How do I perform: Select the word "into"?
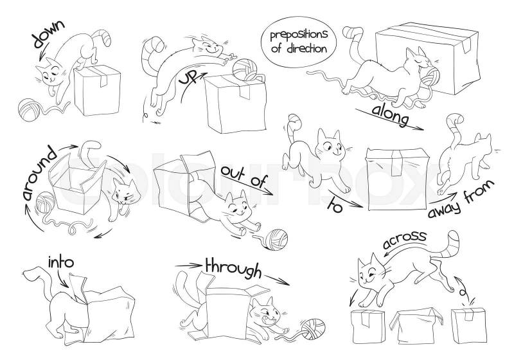click(61, 262)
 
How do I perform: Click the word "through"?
click(233, 269)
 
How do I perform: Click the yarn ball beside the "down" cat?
click(29, 109)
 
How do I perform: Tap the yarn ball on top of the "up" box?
click(245, 69)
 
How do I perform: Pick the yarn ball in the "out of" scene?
click(276, 239)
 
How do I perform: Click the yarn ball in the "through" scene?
click(314, 329)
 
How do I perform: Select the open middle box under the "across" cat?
click(415, 325)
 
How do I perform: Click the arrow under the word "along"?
click(389, 120)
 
